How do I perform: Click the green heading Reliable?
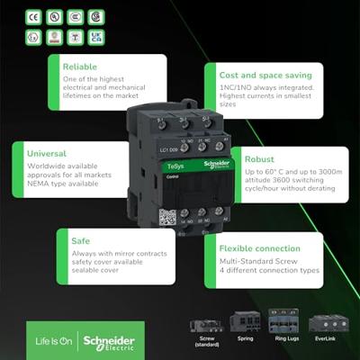[79, 66]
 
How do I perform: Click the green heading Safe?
[74, 241]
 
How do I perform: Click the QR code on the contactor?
[166, 216]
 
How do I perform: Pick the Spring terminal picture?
[246, 322]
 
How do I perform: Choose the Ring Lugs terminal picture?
[285, 322]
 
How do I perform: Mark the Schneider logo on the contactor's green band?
[217, 163]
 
